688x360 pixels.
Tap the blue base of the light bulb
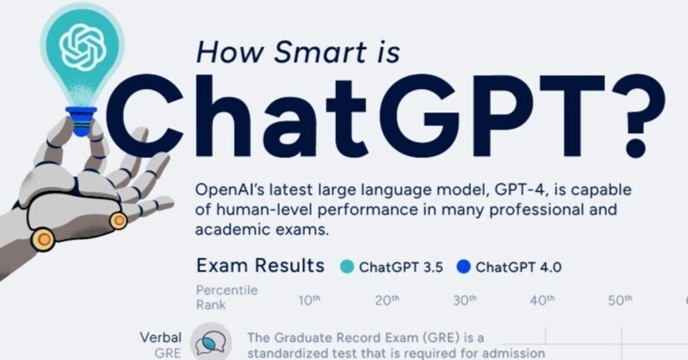[81, 121]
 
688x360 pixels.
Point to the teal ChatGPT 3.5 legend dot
[347, 267]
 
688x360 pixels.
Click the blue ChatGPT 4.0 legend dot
[463, 267]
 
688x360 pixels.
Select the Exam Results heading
[260, 265]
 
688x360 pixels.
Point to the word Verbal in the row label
[161, 337]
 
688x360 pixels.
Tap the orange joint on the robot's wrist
[43, 239]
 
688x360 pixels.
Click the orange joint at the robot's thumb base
[118, 220]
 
